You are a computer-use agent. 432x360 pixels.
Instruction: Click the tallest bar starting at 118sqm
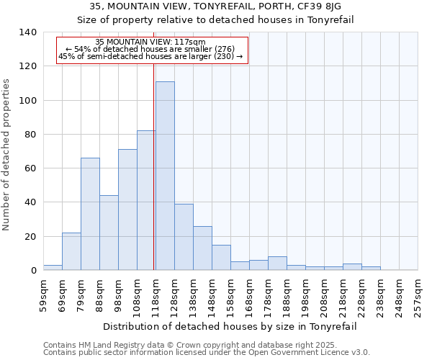pos(165,176)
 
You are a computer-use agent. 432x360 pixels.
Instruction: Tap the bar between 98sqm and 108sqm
pos(127,210)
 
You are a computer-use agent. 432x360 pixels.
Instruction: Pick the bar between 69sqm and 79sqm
pos(71,251)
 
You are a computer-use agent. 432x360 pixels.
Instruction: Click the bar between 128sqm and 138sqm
pos(184,237)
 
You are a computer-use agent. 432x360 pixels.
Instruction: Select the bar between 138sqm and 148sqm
pos(202,248)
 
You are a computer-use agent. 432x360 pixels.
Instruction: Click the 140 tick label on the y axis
pos(27,32)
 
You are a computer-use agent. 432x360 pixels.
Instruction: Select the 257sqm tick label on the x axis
pos(418,295)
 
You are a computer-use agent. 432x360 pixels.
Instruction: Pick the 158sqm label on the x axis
pos(230,295)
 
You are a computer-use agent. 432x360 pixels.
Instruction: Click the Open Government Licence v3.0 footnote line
pos(207,353)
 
